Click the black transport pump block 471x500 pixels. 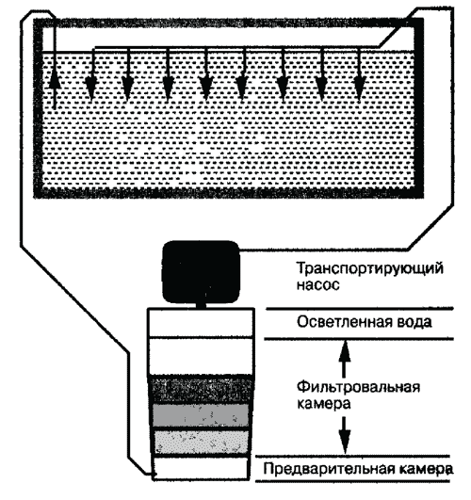tap(201, 271)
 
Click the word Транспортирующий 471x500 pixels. tap(370, 268)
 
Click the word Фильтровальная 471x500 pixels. tap(358, 387)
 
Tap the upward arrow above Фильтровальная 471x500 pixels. tap(344, 358)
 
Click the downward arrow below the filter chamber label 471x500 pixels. tap(344, 435)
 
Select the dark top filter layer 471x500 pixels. tap(202, 391)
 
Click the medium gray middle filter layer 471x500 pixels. tap(201, 416)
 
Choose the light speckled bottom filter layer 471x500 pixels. tap(201, 443)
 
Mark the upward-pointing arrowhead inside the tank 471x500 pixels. tap(55, 79)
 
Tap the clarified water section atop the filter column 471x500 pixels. tap(201, 322)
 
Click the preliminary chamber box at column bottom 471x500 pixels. tap(201, 469)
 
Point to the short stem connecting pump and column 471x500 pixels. tap(201, 304)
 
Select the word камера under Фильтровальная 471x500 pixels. tap(323, 404)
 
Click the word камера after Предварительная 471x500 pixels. tap(425, 469)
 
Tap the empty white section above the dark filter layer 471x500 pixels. tap(201, 357)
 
